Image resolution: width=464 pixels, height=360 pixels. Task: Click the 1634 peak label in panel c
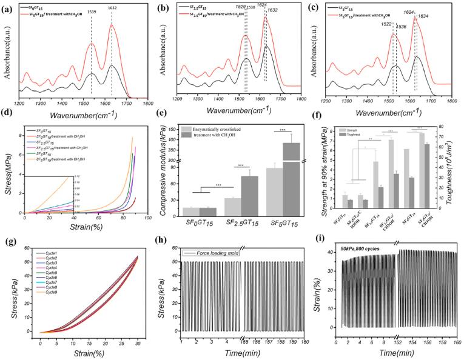point(423,17)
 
